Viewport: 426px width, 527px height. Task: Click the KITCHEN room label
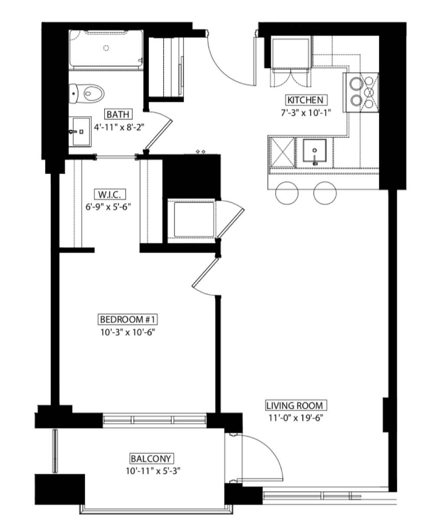point(305,100)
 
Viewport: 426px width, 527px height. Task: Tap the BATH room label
point(118,114)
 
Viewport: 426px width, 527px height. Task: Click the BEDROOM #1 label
point(128,319)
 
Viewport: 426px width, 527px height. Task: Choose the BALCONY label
point(151,458)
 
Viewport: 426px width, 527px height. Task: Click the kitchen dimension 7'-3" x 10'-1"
point(305,113)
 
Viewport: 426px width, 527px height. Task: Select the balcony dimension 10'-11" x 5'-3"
point(153,471)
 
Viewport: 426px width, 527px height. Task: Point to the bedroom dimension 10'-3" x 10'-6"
point(128,332)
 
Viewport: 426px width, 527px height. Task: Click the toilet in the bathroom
point(86,93)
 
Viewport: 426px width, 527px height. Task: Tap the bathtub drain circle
point(106,48)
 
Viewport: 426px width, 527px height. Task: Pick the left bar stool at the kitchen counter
point(287,193)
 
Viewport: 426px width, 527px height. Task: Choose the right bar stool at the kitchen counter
point(325,193)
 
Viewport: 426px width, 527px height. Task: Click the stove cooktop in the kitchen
point(360,92)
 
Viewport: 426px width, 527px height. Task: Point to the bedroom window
point(154,419)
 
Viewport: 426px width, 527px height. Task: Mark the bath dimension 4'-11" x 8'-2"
point(119,127)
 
